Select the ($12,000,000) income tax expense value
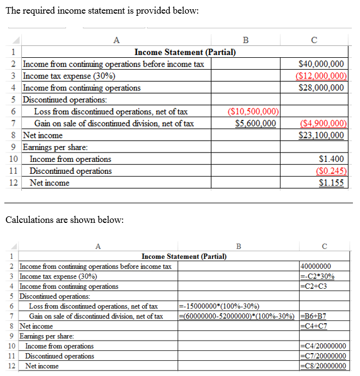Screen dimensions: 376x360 coord(321,76)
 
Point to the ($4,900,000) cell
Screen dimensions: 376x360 coord(321,124)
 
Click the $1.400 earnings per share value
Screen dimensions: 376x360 coord(331,159)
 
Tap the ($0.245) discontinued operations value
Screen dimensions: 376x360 coord(331,171)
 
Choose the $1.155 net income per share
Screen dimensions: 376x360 coord(331,183)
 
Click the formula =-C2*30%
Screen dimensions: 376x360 coord(318,276)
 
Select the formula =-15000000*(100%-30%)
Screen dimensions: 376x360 coord(219,306)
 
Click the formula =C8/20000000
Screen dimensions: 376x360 coord(323,366)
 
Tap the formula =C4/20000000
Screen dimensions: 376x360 coord(323,346)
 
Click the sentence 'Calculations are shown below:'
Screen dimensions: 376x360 coord(64,220)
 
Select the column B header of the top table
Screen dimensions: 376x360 coord(245,39)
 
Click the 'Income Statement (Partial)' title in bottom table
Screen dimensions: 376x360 coord(184,256)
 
